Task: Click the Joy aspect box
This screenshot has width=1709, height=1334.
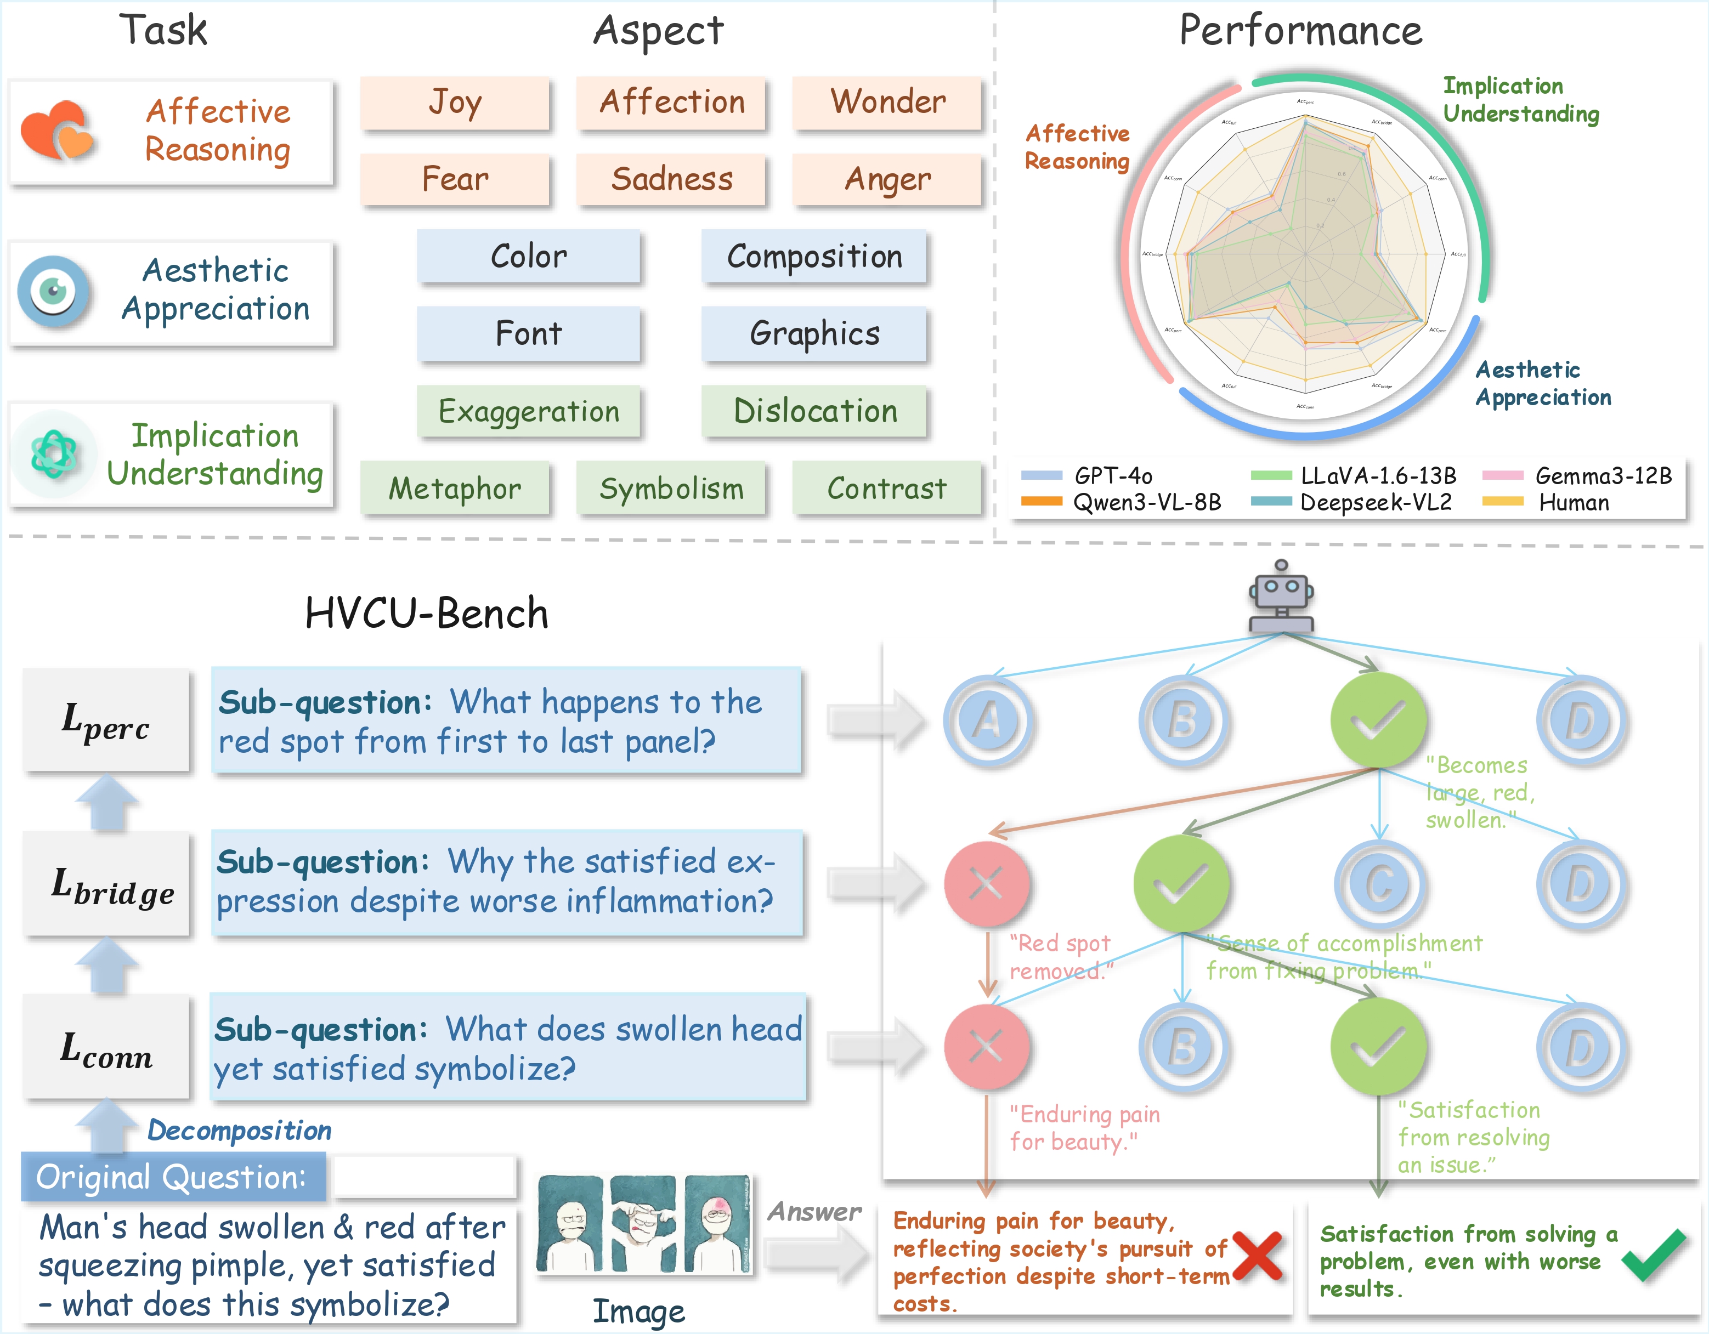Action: [455, 103]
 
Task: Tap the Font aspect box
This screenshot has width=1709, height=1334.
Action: [528, 334]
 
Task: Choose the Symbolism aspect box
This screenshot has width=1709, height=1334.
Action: [671, 488]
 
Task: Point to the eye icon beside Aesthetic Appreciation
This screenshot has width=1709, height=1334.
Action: [53, 291]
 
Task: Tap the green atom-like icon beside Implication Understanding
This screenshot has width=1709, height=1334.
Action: [53, 454]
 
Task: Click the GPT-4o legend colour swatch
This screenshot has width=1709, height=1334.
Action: [1042, 475]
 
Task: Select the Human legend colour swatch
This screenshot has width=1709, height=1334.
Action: [1502, 502]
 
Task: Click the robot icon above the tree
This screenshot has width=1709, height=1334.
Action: [1281, 596]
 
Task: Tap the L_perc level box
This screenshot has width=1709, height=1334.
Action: [106, 720]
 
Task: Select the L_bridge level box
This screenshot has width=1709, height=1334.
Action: [106, 884]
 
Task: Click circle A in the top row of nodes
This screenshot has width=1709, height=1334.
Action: [988, 720]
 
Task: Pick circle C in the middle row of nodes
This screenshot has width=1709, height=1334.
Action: [1379, 884]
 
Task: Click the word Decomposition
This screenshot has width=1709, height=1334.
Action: [240, 1131]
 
